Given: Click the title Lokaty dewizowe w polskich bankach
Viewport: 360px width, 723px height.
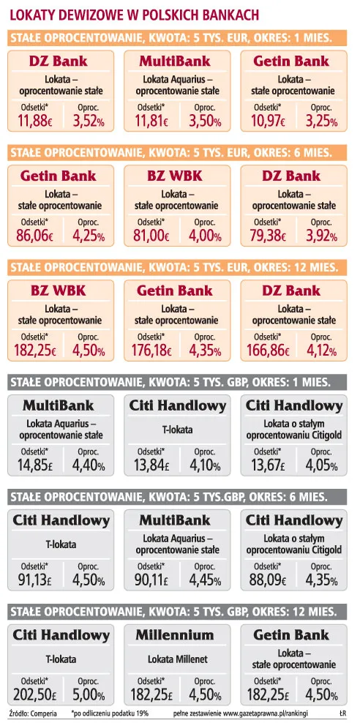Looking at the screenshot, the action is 134,15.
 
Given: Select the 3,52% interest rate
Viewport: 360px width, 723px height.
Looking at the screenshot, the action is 89,121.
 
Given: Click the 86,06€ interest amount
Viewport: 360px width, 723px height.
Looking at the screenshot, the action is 34,236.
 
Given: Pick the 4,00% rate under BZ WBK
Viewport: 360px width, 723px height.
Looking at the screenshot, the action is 205,236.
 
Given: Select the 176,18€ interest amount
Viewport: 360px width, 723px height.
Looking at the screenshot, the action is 151,351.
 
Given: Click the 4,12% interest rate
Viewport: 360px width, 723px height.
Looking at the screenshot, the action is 322,351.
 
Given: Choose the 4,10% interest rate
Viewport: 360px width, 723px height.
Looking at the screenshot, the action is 205,465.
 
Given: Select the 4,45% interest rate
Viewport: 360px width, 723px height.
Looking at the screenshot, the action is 205,580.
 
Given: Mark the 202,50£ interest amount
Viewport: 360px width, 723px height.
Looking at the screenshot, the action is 34,694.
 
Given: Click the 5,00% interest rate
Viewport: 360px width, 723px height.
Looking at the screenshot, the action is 89,694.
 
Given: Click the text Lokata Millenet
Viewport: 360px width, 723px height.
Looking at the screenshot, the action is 177,659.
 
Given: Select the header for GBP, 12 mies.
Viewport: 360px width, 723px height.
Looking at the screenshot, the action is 170,613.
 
